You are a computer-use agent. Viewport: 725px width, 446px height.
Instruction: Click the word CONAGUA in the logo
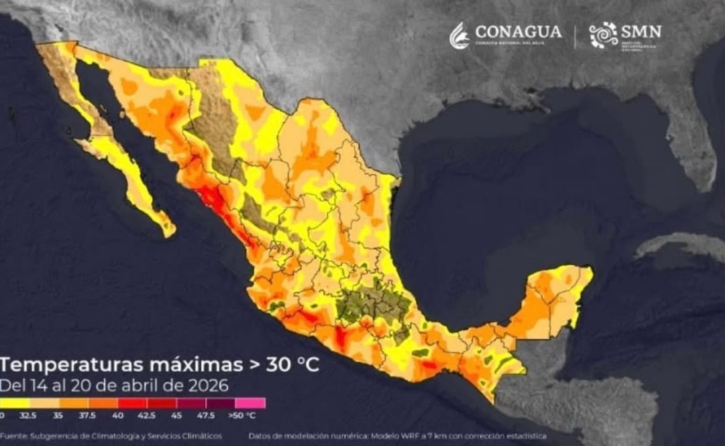point(518,31)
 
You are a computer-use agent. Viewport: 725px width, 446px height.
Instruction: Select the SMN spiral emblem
point(603,35)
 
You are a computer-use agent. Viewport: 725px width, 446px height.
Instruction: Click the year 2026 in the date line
point(208,386)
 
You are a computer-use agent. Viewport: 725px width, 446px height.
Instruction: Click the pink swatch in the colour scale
point(250,403)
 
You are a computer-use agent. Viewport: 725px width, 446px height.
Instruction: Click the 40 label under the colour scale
point(119,415)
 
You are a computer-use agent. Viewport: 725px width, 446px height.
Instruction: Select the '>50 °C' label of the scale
point(242,415)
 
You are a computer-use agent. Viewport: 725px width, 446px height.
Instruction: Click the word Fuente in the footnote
point(15,437)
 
